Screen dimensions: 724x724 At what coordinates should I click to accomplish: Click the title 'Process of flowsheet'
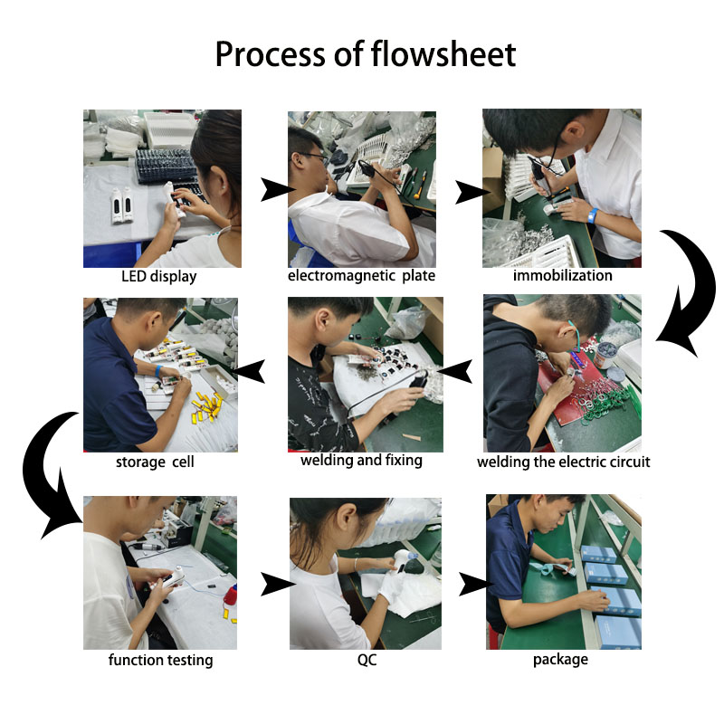point(366,54)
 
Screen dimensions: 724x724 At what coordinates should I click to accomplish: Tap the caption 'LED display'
point(159,277)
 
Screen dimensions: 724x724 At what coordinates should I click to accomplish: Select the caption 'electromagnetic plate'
point(361,276)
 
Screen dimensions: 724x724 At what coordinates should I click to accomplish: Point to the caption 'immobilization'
point(562,275)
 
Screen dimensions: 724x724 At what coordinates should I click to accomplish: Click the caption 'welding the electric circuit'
point(563,462)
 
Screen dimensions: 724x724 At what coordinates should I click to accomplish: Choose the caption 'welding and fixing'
point(361,461)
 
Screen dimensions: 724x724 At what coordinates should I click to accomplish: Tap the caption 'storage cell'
point(155,462)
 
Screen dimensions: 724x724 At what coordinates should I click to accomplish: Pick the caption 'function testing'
point(161,660)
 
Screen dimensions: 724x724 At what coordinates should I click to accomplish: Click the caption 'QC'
point(367,660)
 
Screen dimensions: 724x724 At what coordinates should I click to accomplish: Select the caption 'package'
point(560,660)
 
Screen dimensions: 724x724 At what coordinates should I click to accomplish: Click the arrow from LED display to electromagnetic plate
point(276,189)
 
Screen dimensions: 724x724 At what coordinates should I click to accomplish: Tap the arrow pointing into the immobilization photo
point(471,192)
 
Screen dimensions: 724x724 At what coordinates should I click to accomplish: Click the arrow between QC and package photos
point(474,584)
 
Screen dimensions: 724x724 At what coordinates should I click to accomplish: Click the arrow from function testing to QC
point(277,584)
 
